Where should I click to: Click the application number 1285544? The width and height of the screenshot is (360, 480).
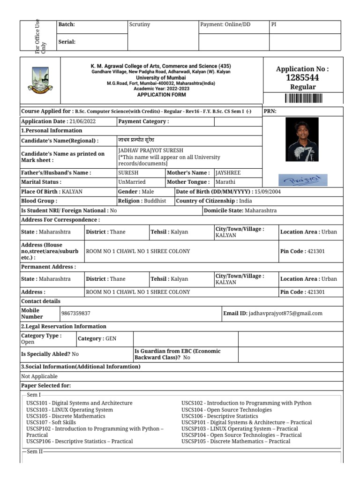tap(303, 78)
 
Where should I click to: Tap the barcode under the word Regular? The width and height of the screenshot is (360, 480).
tap(303, 98)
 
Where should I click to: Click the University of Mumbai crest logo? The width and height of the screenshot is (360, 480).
tap(39, 80)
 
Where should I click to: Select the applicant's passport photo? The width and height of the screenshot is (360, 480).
tap(302, 139)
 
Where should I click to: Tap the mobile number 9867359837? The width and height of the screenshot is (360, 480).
tap(76, 313)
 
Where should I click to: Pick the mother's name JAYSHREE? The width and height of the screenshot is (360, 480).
tap(228, 172)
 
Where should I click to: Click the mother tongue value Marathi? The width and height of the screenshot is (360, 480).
tap(225, 182)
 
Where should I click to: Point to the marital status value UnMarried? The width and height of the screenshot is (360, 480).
tap(132, 182)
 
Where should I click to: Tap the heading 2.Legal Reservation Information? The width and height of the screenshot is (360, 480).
tap(64, 326)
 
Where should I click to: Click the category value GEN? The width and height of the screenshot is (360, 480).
tap(111, 338)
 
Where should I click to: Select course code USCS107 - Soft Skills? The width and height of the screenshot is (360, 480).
tap(52, 422)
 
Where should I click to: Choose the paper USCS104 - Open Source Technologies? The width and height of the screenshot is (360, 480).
tap(226, 410)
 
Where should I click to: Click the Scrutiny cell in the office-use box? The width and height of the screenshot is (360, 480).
tap(139, 24)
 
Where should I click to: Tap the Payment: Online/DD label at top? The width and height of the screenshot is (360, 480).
tap(225, 24)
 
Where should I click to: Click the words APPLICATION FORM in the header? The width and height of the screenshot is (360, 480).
tap(161, 95)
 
